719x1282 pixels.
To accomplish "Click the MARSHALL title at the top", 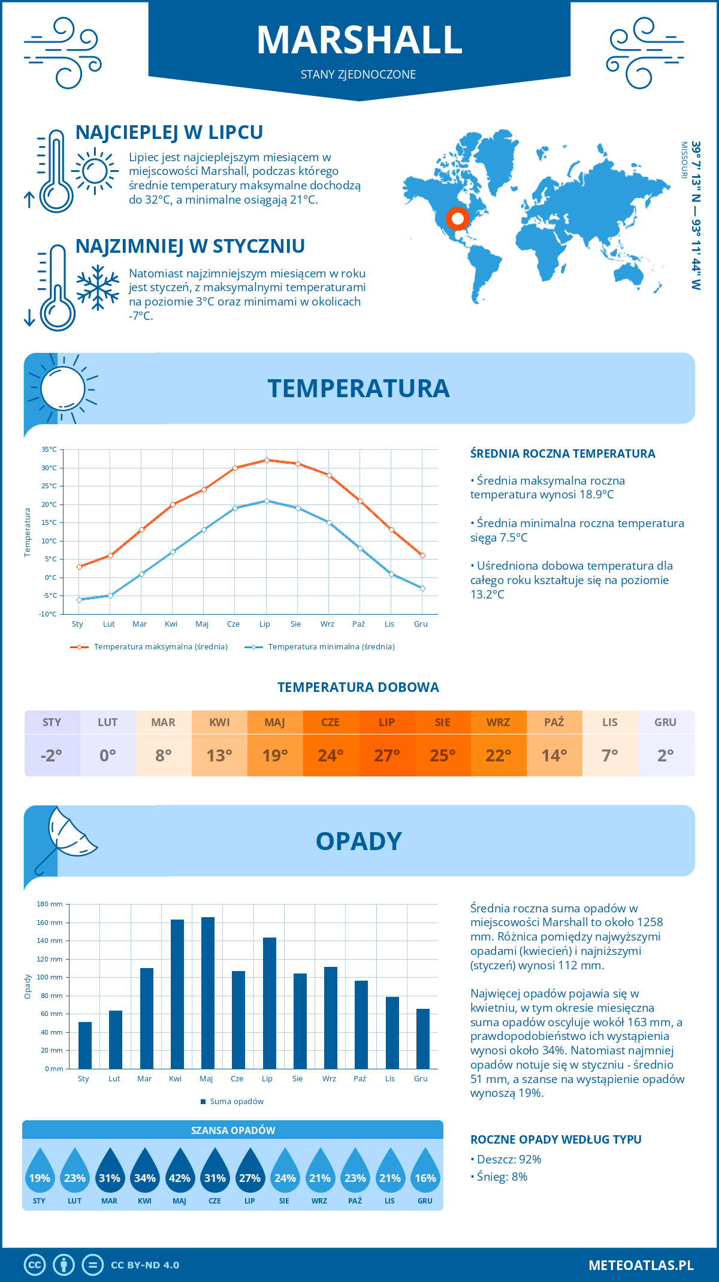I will click(x=359, y=40).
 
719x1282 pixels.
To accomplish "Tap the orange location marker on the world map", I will click(x=457, y=219).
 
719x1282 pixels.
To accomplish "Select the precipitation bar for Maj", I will click(x=208, y=993).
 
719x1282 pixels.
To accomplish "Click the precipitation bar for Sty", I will click(x=85, y=1045).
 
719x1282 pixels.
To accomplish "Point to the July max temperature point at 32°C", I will click(x=267, y=460).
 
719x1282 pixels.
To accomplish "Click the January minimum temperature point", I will click(x=79, y=600).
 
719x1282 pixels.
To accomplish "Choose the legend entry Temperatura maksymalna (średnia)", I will click(x=160, y=647).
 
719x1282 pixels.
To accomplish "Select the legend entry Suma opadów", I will click(x=236, y=1102).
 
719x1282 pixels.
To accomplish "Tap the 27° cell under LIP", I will click(x=387, y=755).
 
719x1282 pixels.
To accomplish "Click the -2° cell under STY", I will click(x=52, y=755).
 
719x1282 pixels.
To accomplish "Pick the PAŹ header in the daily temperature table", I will click(x=554, y=722).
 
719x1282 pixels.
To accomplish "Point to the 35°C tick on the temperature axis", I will click(x=49, y=449).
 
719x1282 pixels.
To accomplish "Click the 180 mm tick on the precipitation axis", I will click(x=50, y=905).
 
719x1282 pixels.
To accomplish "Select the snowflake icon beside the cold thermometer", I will click(x=98, y=288).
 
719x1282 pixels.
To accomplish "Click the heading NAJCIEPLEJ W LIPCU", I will click(x=170, y=132).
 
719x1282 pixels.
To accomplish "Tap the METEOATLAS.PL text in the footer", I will click(x=641, y=1265).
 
